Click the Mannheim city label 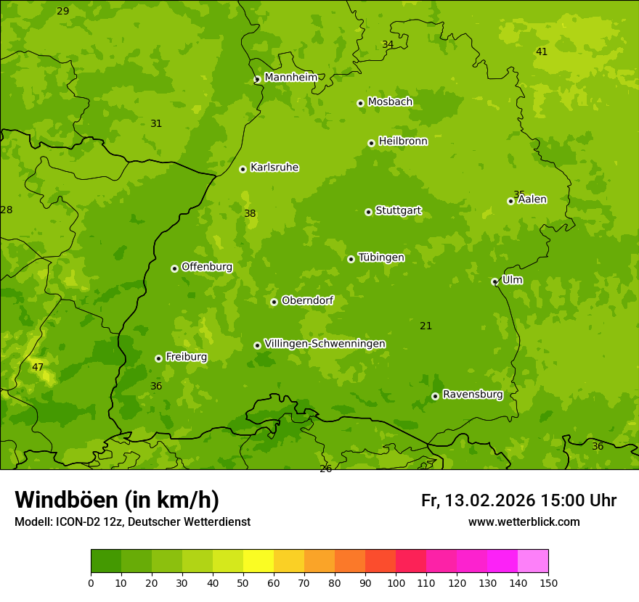290,78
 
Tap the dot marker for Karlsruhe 243,169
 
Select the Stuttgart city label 398,211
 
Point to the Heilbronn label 403,141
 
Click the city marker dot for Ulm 494,281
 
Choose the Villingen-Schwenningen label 325,344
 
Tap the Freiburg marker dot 158,358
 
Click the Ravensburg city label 473,395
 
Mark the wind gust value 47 38,368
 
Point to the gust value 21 426,326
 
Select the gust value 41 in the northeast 542,51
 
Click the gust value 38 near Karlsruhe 250,214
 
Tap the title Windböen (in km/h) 117,500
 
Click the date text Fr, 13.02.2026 479,500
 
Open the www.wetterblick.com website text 524,522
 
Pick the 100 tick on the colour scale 396,582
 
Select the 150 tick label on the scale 548,582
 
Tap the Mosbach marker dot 360,103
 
